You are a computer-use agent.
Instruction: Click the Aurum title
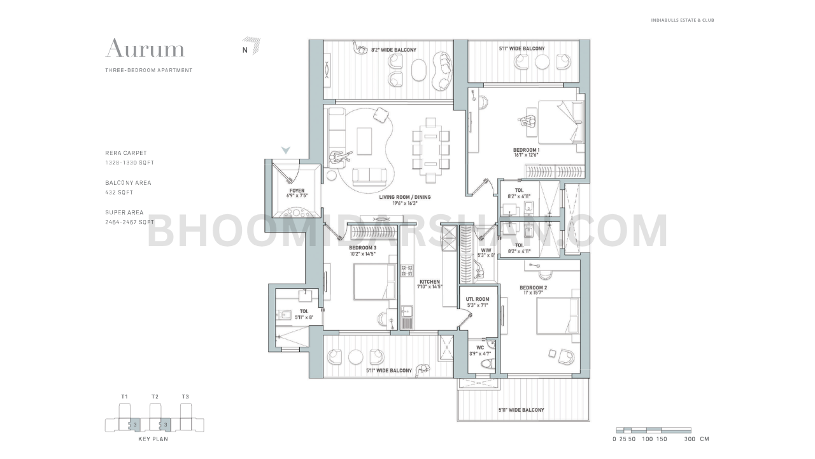click(145, 48)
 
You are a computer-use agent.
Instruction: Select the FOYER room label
click(296, 191)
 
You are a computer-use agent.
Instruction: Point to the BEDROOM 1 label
click(526, 150)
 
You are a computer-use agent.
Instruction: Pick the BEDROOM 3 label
click(362, 248)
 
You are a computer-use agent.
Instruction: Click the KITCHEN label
click(429, 282)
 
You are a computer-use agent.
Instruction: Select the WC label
click(480, 348)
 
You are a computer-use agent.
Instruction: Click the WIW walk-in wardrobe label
click(486, 251)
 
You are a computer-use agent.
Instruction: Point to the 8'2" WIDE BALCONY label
click(393, 50)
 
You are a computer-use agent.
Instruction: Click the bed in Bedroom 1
click(560, 121)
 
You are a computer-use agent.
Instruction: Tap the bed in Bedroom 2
click(557, 316)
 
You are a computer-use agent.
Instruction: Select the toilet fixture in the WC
click(487, 364)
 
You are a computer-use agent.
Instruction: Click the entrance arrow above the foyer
click(287, 150)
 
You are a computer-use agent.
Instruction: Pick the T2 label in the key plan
click(155, 397)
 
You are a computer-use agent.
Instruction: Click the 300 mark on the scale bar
click(688, 439)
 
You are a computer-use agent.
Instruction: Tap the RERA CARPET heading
click(126, 153)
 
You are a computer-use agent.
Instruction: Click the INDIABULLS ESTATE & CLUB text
click(682, 20)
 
